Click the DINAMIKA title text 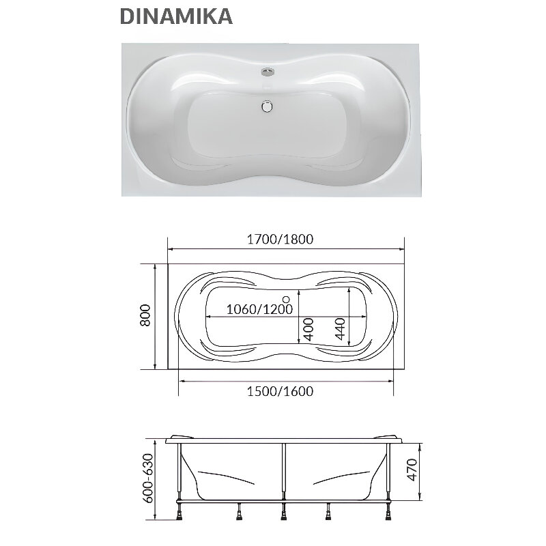176,16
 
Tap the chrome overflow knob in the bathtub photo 267,72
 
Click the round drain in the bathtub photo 267,106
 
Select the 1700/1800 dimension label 281,240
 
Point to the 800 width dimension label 145,315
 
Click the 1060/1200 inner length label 260,309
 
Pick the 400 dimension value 308,330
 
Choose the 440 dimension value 340,329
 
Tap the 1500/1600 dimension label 281,391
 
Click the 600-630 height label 148,478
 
